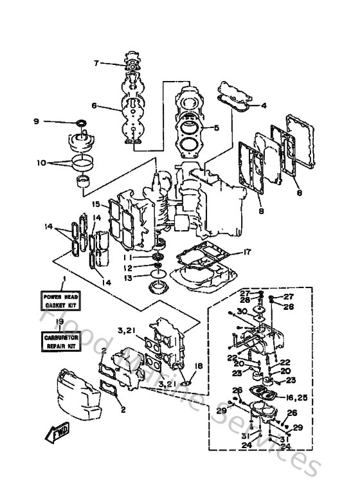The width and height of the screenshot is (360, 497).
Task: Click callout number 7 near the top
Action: tap(97, 63)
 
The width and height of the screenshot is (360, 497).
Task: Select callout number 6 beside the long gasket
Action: tap(94, 106)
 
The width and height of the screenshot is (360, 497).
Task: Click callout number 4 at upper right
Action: tap(264, 105)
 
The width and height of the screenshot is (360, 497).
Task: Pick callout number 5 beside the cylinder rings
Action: tap(217, 127)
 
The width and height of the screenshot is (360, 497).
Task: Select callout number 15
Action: tap(96, 204)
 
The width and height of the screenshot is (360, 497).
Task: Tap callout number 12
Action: tap(129, 267)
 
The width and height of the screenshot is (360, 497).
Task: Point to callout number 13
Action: tap(129, 278)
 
